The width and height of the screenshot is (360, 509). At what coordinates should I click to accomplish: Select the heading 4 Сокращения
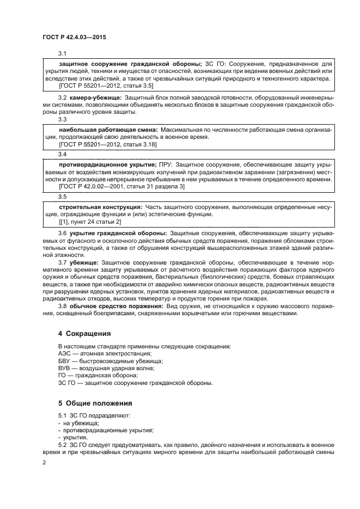pos(84,333)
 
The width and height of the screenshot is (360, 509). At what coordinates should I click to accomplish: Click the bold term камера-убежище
pos(95,97)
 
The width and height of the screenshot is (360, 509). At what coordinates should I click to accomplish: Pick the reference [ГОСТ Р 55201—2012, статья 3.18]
pos(108,145)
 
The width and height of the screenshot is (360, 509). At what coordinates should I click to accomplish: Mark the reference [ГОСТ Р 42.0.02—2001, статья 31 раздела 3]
pos(121,187)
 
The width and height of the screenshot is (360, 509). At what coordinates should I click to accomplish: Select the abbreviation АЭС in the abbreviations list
pos(64,353)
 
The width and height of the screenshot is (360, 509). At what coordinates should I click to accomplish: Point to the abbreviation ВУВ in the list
pos(64,368)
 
